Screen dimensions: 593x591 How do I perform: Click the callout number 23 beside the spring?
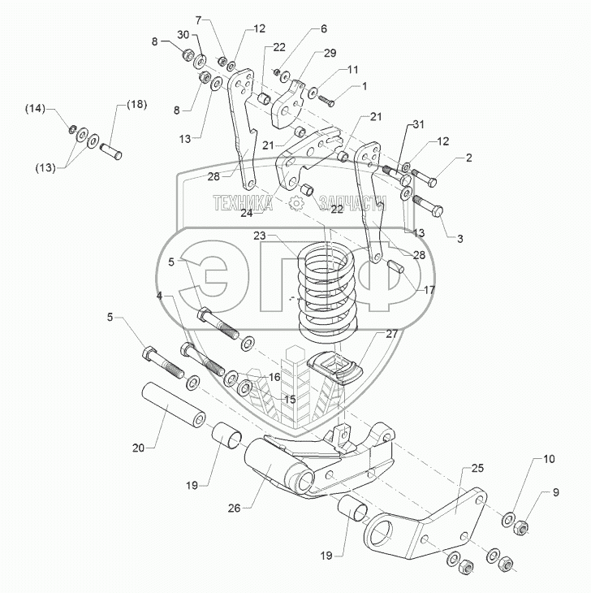point(259,236)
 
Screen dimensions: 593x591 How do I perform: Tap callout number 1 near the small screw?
point(365,85)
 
